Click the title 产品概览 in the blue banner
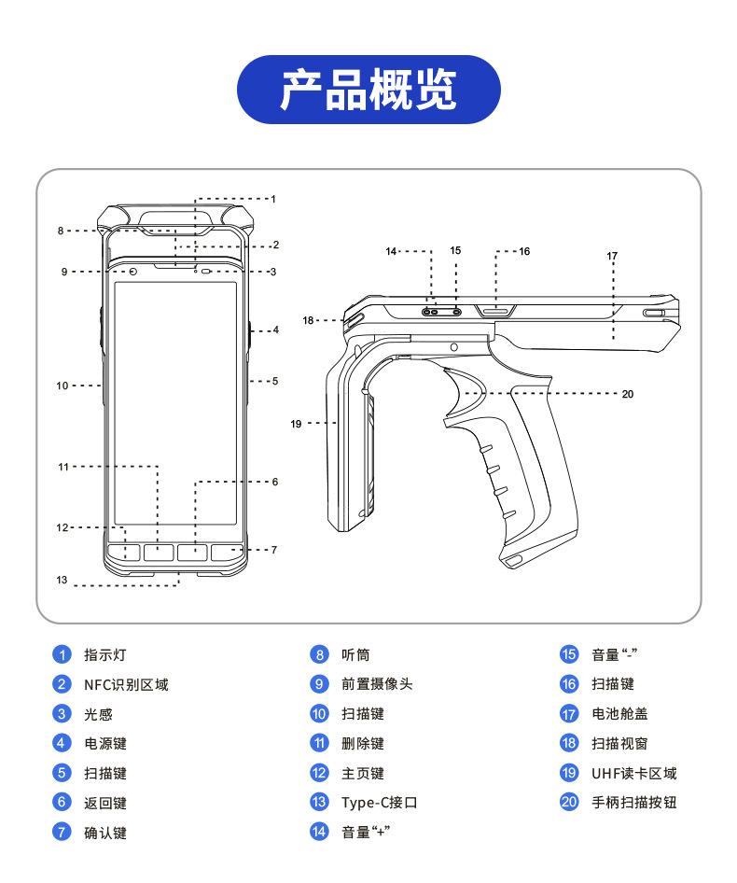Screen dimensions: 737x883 click(368, 90)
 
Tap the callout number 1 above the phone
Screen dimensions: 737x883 click(273, 199)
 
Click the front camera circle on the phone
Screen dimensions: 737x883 click(133, 273)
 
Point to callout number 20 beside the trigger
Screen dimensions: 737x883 click(628, 394)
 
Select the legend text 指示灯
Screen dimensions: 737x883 click(105, 655)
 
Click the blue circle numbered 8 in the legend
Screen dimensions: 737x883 click(319, 654)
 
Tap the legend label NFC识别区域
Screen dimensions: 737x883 click(126, 685)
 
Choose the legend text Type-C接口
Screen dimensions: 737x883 click(380, 803)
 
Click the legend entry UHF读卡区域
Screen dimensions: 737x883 click(634, 773)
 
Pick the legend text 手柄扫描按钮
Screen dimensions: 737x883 click(634, 803)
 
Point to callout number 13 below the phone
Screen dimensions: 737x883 click(62, 580)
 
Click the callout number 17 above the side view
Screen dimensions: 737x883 click(612, 257)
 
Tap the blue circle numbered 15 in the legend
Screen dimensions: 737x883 click(569, 654)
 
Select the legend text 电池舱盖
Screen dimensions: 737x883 click(619, 714)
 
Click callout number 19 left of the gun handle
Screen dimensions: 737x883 click(296, 424)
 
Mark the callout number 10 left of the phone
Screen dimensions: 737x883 click(62, 385)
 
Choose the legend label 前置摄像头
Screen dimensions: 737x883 click(377, 684)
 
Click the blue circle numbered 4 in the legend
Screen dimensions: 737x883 click(62, 743)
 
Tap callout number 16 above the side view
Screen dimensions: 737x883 click(524, 251)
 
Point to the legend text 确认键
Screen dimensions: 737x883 click(105, 833)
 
